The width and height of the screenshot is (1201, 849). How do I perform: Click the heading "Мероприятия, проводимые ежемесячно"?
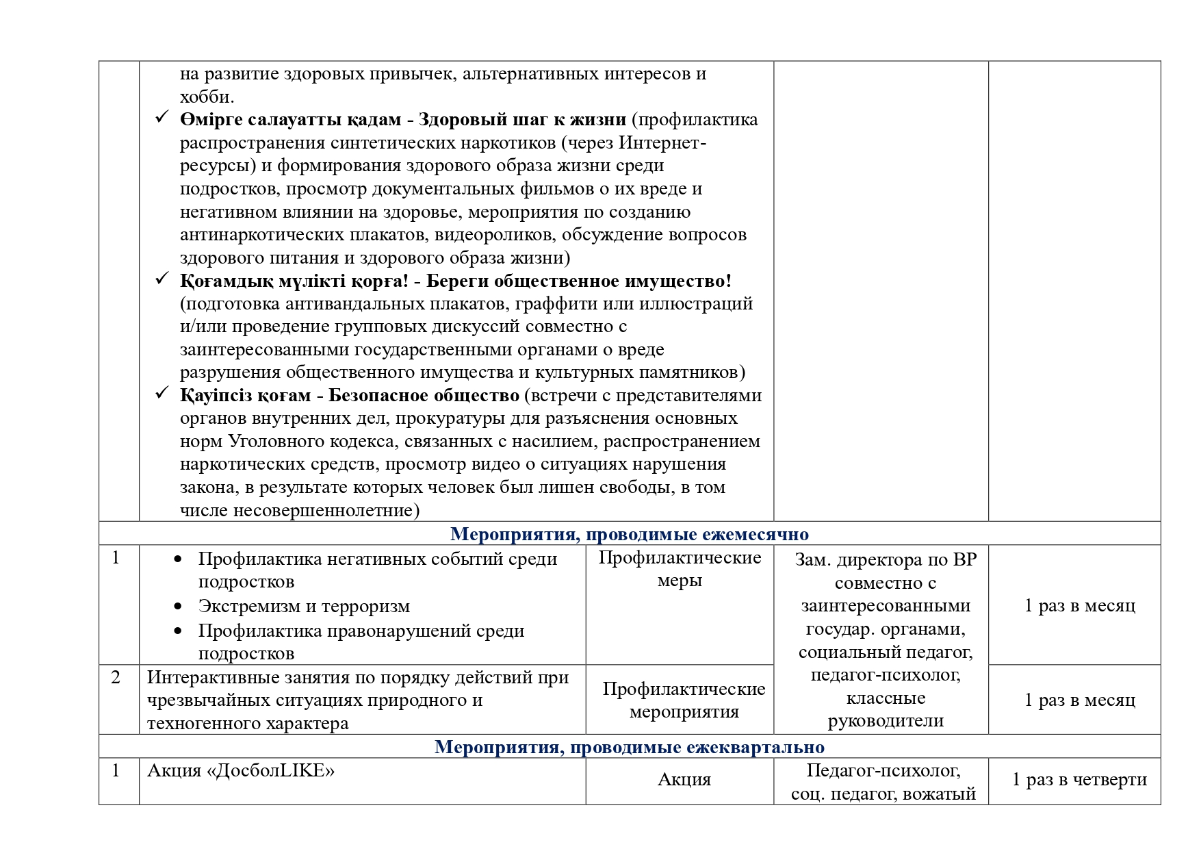point(629,534)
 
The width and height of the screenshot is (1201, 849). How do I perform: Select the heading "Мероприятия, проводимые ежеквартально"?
point(629,746)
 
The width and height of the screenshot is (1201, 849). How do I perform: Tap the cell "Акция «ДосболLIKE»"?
point(241,771)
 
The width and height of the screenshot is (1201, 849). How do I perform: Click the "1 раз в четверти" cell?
point(1079,779)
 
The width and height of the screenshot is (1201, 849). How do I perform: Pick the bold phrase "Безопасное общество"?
point(424,396)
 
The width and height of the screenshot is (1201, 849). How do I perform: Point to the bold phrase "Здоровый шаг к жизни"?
point(522,120)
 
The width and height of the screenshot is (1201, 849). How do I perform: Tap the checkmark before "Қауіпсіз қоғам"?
point(162,393)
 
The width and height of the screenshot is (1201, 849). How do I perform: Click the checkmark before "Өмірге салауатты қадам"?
point(162,117)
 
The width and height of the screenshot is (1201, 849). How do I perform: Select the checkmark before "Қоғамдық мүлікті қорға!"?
point(162,279)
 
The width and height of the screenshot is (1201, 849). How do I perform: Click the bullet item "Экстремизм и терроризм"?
point(304,607)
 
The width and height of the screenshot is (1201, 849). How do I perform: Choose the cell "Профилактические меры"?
point(680,569)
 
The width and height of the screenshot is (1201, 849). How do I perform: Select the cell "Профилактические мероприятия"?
point(684,700)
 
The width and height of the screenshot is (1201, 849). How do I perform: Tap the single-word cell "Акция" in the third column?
point(684,780)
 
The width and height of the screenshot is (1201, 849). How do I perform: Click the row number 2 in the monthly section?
point(116,678)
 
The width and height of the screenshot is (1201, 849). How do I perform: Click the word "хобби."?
point(207,97)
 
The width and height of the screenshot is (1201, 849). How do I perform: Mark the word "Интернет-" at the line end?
point(662,143)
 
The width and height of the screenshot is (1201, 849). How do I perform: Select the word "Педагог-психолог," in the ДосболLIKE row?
point(883,771)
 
